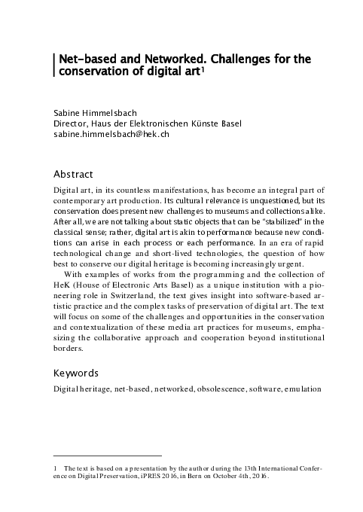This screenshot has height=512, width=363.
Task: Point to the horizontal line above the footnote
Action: point(108,456)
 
